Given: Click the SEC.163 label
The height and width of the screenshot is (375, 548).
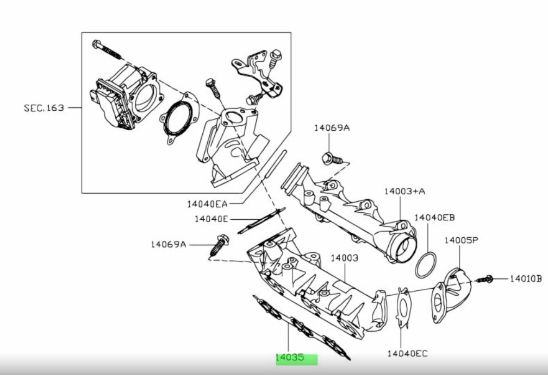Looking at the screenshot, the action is coord(44,108).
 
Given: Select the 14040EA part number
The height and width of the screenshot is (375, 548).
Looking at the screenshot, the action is coord(207,204).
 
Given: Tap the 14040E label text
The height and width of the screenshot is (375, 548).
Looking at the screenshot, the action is coord(211,219).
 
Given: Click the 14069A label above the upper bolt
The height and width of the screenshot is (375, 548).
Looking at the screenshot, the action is coord(332,128).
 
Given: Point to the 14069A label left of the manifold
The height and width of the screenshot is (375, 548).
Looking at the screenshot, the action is coord(169,244).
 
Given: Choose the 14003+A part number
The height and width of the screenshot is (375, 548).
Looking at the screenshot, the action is coord(404,191).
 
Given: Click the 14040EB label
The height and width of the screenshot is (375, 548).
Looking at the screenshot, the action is coord(434,218).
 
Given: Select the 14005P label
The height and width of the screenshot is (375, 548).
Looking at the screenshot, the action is coord(462,240).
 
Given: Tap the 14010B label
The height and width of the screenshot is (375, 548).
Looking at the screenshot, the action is coord(526,278).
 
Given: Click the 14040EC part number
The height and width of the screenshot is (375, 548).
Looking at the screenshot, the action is coord(408,353).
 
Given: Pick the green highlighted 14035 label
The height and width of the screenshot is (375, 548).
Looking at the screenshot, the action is coord(297,359).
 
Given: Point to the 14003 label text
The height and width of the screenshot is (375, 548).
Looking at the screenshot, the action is coord(345,258).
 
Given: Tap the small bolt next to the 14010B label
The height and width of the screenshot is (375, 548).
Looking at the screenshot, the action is coord(484,279).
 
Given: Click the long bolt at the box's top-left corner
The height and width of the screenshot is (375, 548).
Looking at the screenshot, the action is coord(107,49).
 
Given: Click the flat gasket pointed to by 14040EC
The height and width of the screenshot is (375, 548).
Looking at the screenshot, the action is coord(403,308).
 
